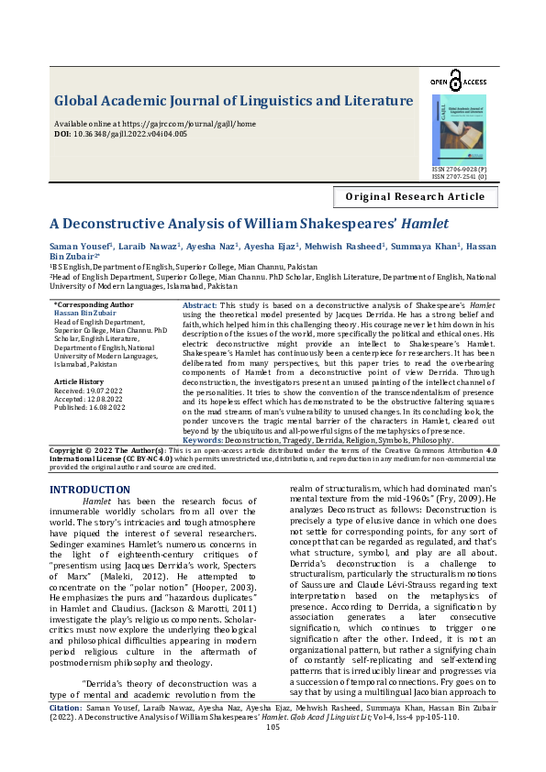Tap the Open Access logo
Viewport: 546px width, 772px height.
tap(458, 83)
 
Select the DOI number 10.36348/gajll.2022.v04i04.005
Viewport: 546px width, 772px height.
tap(132, 134)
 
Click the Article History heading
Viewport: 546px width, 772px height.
tap(79, 380)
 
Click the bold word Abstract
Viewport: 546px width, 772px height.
tap(200, 304)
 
